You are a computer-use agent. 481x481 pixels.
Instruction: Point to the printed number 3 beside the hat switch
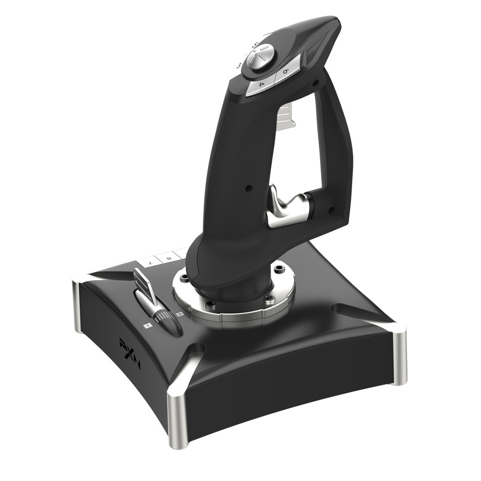(x=239, y=65)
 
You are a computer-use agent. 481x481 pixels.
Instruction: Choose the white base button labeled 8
(x=168, y=258)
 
